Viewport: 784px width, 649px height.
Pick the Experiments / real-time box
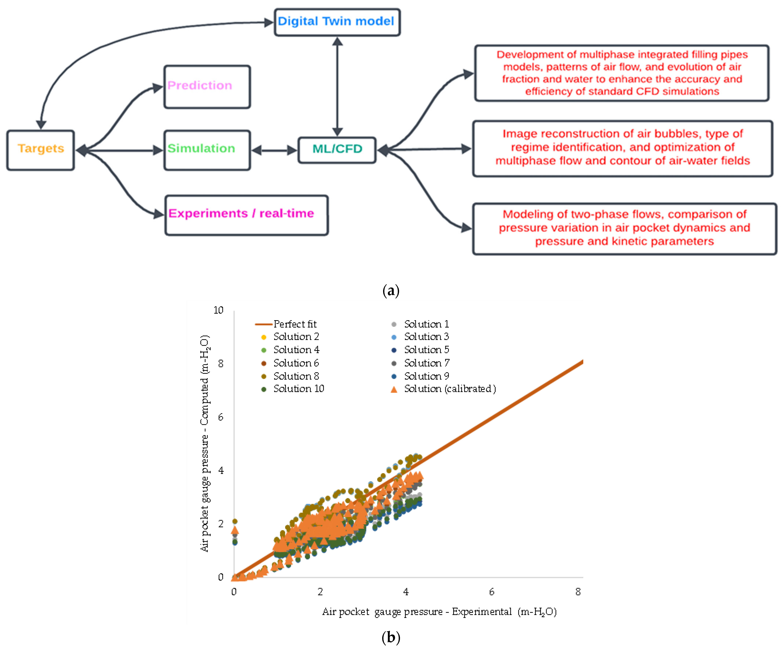246,215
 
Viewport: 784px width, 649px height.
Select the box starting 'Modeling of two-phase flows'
624,228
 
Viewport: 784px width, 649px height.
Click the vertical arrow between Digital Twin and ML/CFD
337,87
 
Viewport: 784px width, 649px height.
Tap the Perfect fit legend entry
286,324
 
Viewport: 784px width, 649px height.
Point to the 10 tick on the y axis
218,310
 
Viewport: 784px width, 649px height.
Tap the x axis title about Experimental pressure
439,612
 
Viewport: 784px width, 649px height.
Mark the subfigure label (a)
391,290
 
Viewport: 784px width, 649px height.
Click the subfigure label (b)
391,637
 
